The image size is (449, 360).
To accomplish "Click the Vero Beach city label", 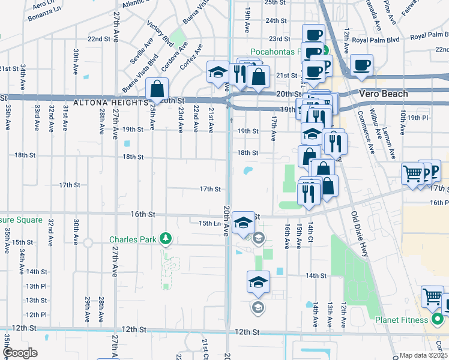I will pos(384,94).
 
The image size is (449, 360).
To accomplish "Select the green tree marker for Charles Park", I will pos(166,239).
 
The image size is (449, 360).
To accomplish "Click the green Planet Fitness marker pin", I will pos(437,319).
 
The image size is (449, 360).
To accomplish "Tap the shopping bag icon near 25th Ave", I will pos(157,89).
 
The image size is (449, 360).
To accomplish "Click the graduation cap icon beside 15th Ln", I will pos(243,223).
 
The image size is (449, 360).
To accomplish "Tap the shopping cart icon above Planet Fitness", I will pos(432,295).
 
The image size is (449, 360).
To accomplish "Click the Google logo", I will pos(20,353).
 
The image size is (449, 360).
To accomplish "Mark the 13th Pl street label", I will pos(36,286).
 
